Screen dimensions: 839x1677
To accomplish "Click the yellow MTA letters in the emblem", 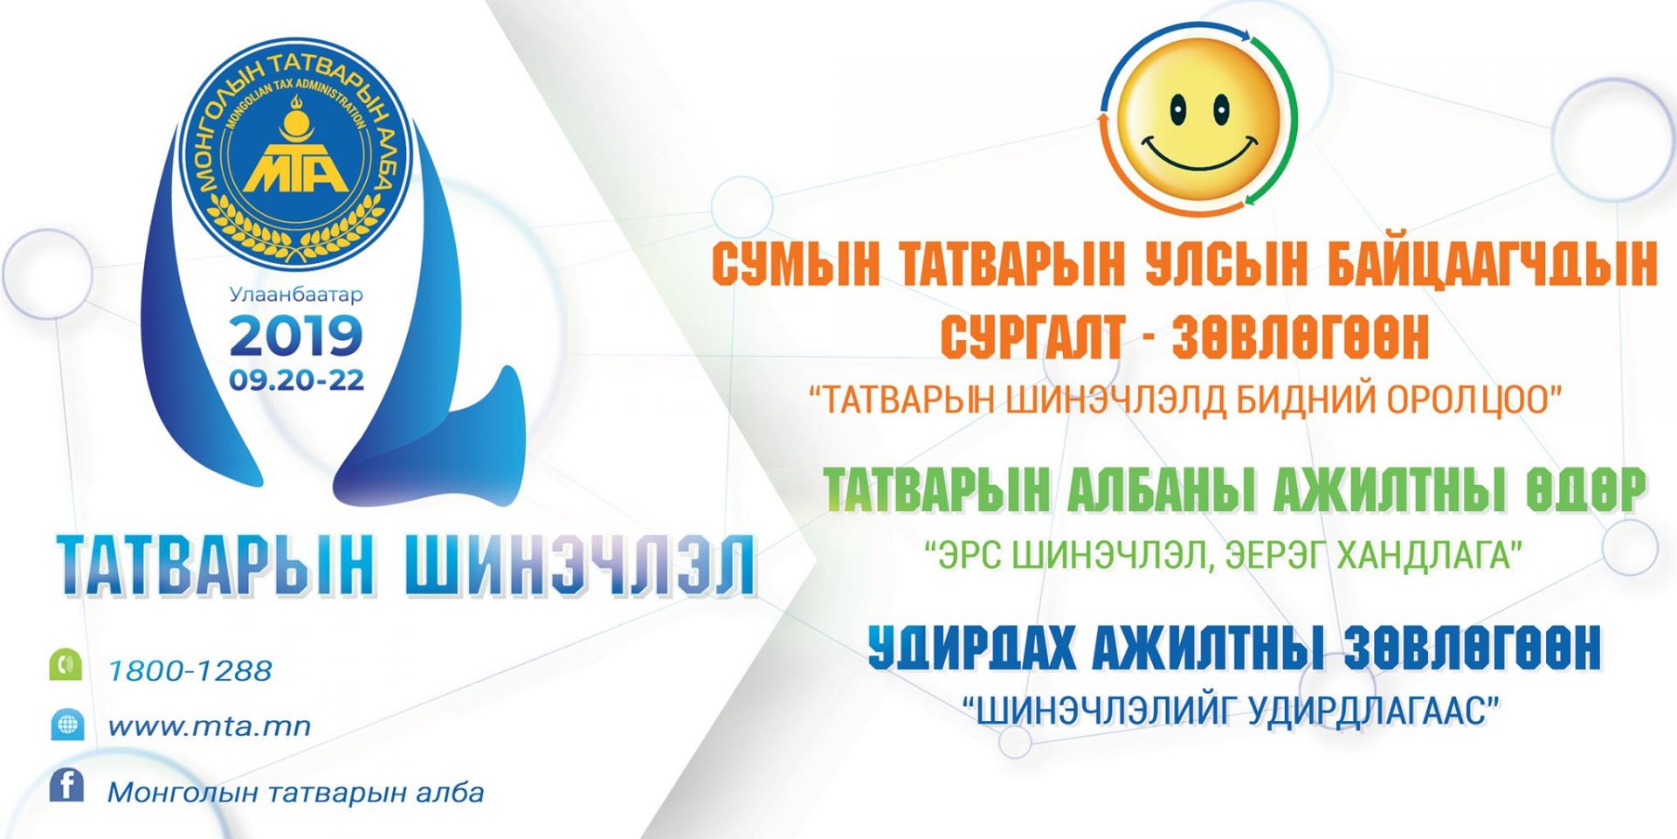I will click(296, 170).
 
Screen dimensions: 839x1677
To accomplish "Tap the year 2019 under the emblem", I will click(295, 336).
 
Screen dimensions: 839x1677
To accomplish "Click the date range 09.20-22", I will click(296, 380).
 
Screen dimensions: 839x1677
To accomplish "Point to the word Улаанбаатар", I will click(295, 295).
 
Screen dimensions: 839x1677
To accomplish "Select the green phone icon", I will click(66, 665).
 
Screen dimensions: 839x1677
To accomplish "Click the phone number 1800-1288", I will click(190, 670).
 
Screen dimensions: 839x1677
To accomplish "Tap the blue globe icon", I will click(66, 725).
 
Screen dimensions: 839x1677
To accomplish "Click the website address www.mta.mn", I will click(209, 726).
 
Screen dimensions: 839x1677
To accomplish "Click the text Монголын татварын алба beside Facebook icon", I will click(295, 793).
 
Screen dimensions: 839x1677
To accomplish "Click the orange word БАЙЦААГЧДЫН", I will click(1492, 263).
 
